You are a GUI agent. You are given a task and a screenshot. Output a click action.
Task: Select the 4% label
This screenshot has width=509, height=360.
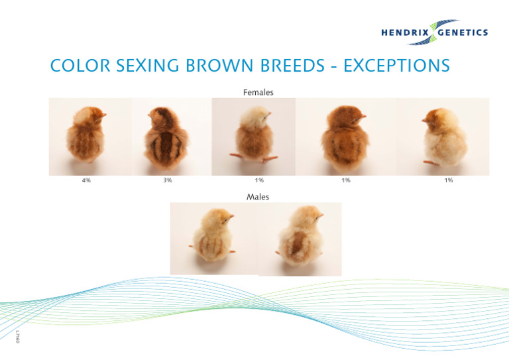86,180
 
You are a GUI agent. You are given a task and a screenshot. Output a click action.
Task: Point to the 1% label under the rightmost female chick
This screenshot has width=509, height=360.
449,180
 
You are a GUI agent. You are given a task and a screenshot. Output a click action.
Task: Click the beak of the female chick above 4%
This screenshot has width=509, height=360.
103,115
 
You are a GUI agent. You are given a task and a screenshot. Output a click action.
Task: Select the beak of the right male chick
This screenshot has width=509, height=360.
322,217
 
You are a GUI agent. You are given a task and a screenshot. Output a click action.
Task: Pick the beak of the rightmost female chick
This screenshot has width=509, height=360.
425,120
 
